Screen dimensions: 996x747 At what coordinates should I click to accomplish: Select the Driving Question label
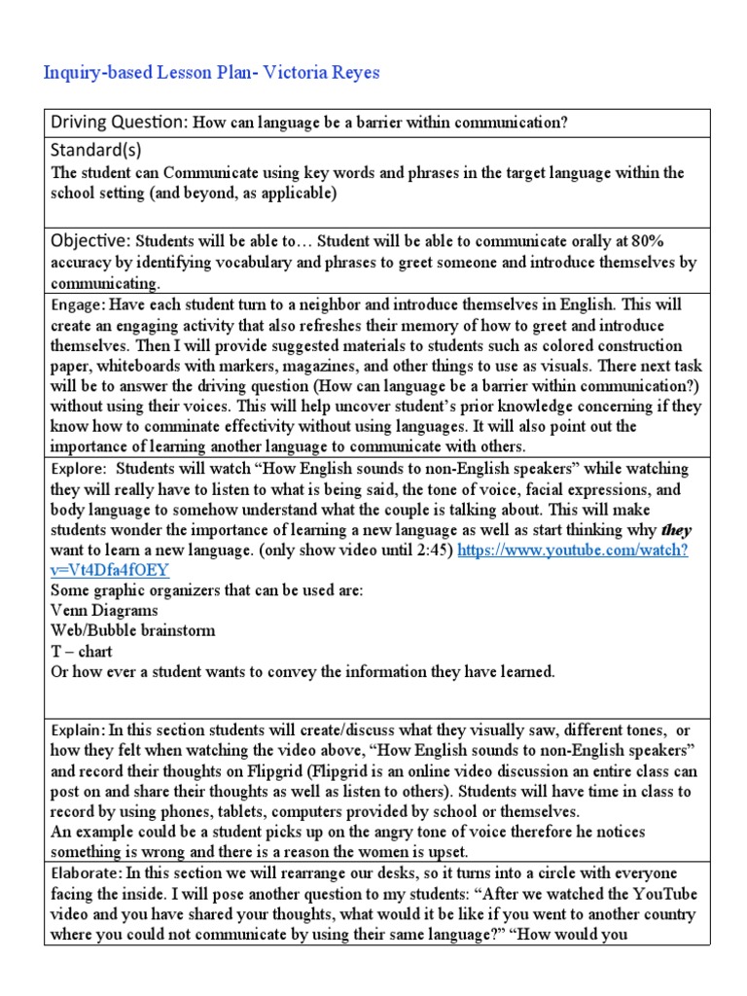[x=119, y=122]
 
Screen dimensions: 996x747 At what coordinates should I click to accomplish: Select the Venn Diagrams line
[x=105, y=610]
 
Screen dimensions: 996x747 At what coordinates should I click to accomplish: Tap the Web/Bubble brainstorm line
[x=132, y=630]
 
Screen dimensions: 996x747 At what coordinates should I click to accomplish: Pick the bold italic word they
[x=675, y=530]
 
